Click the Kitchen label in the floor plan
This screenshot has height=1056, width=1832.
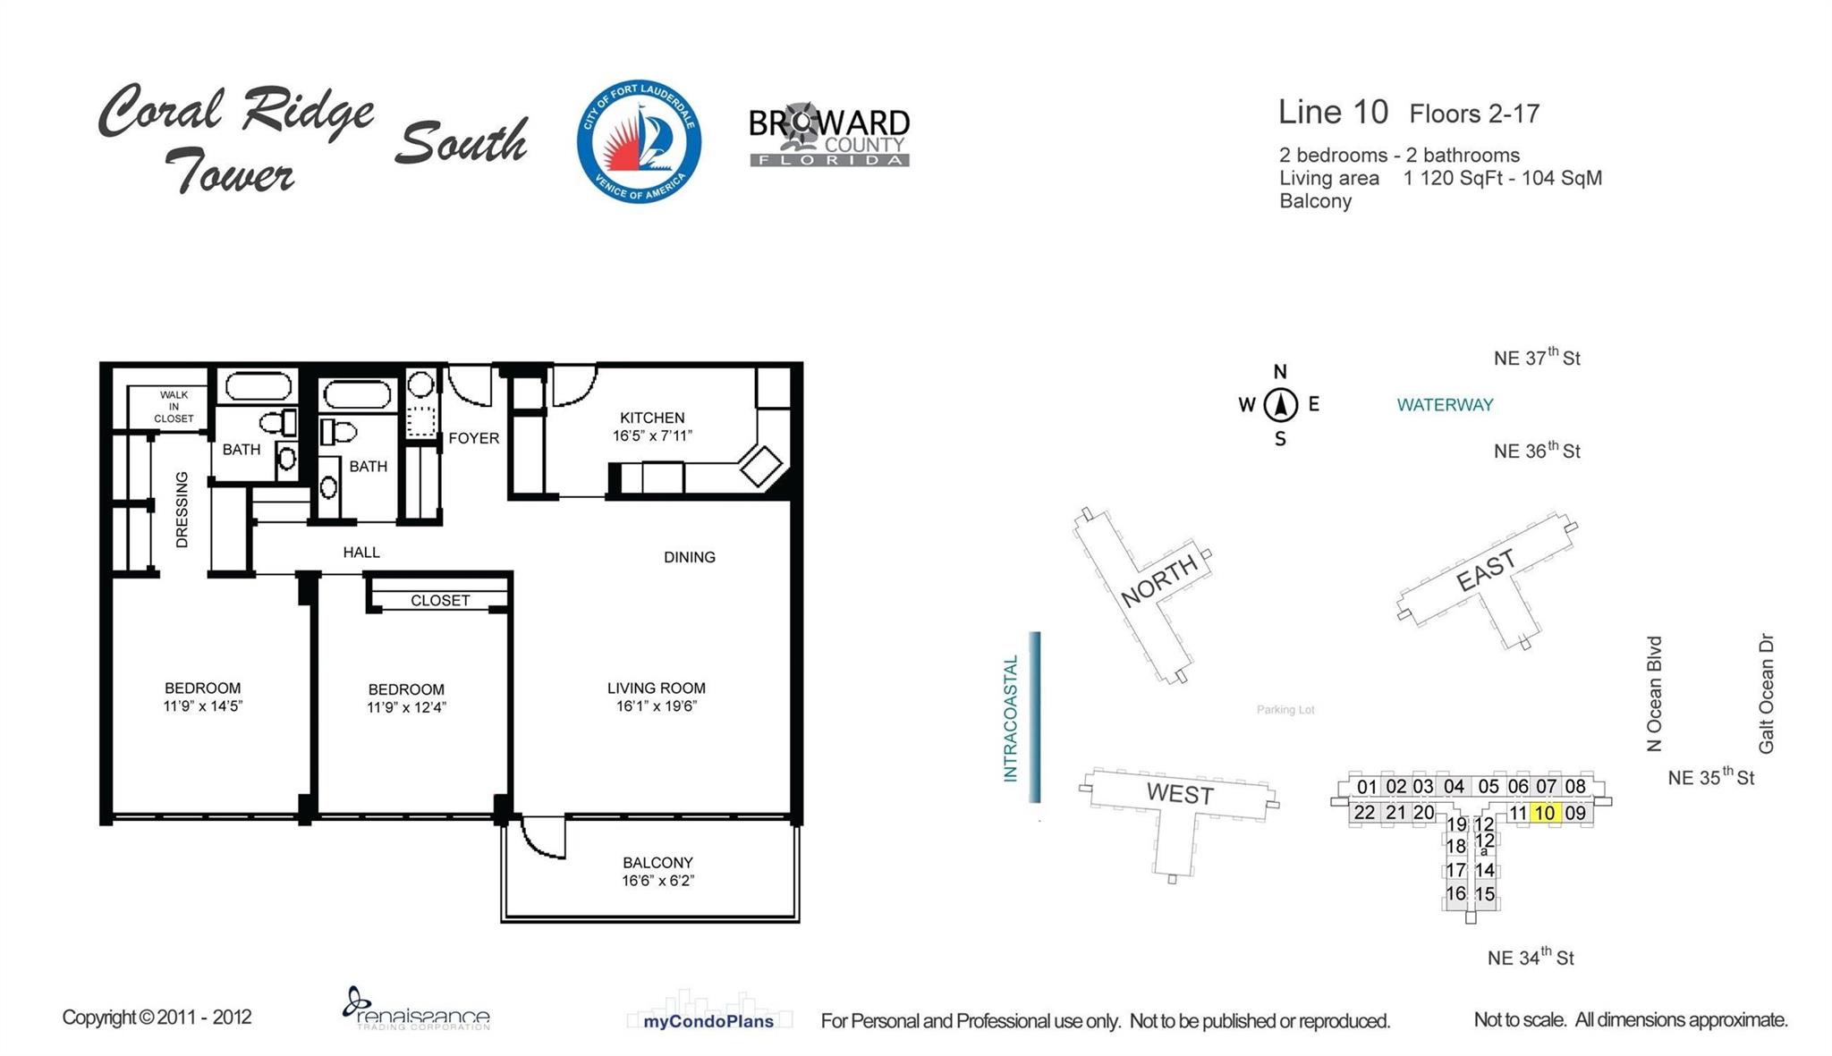[x=652, y=418]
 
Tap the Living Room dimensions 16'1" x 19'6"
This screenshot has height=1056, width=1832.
[x=656, y=706]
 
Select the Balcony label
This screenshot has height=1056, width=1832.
[x=657, y=863]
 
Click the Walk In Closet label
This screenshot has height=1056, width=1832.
[x=174, y=407]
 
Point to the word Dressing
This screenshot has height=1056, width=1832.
[x=182, y=510]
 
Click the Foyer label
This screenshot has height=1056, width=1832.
[x=473, y=438]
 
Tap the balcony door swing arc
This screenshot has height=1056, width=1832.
[x=541, y=841]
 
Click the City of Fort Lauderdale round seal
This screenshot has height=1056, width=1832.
[x=639, y=140]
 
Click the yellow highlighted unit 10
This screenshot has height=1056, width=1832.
[x=1545, y=813]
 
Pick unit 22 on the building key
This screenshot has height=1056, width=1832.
[x=1364, y=813]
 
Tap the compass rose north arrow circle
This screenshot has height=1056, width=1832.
[x=1280, y=405]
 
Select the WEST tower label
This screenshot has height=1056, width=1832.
[x=1179, y=794]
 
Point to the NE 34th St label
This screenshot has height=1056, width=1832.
[x=1530, y=958]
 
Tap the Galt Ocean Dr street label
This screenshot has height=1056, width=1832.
[x=1766, y=694]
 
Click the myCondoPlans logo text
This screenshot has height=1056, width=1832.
[x=708, y=1021]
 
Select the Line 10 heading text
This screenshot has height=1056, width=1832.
[x=1333, y=113]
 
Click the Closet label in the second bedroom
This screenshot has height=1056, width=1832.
[x=440, y=600]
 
